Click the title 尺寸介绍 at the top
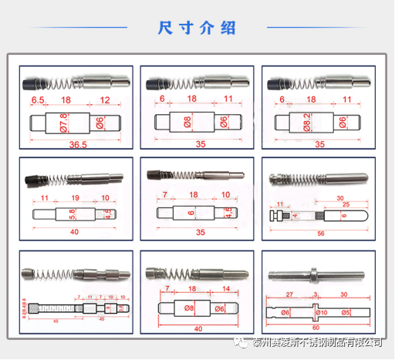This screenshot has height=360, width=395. pyautogui.click(x=197, y=29)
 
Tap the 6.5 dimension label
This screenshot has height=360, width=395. pyautogui.click(x=37, y=101)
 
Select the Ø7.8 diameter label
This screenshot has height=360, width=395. pyautogui.click(x=63, y=123)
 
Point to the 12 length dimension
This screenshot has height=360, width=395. pyautogui.click(x=106, y=101)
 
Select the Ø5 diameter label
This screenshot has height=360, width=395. pyautogui.click(x=347, y=312)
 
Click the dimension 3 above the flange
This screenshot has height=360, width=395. pyautogui.click(x=316, y=294)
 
